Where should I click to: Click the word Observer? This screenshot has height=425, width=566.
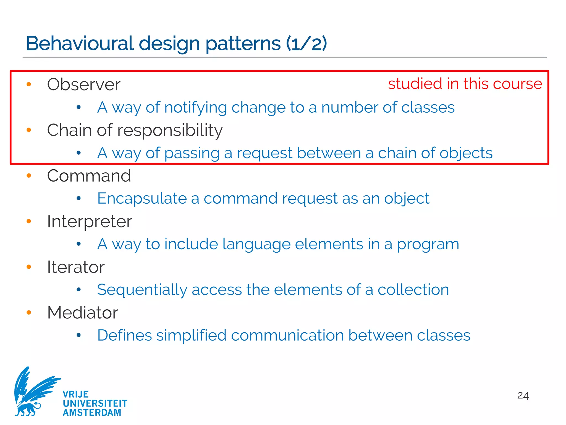84,84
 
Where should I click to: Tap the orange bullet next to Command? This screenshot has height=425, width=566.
29,175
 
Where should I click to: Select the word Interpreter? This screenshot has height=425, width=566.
90,222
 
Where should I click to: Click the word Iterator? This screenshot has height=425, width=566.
76,267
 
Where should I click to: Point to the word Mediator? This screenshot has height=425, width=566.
83,313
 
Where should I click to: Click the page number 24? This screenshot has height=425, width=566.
523,396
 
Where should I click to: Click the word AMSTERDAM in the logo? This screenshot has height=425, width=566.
92,413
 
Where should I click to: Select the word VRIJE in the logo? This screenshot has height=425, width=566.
76,394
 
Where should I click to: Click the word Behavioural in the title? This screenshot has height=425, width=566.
80,43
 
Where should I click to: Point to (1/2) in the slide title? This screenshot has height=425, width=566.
306,43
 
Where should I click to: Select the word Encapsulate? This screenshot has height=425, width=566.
142,198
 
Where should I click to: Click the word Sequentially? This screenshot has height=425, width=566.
142,290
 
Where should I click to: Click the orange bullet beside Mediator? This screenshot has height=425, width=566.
29,312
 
